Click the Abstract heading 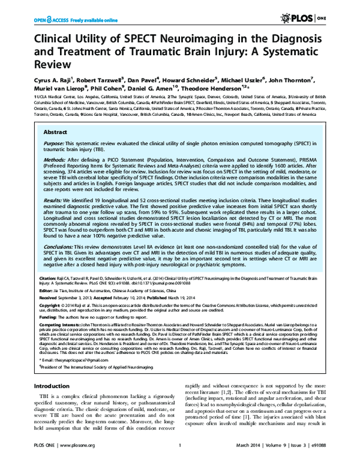[57, 146]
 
